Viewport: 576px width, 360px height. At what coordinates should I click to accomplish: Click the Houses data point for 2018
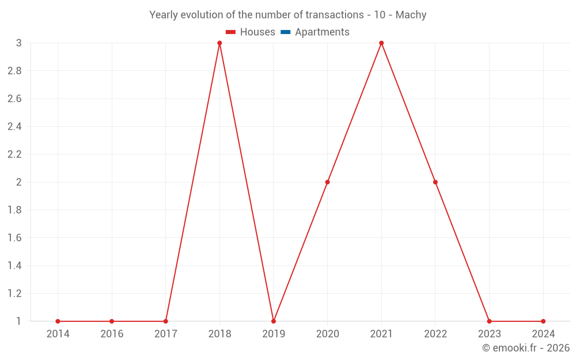coord(219,43)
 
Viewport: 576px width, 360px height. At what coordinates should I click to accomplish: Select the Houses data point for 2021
coord(381,43)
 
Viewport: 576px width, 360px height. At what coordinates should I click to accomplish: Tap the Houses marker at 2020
coord(327,182)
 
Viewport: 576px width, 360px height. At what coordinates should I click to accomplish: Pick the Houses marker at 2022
coord(435,182)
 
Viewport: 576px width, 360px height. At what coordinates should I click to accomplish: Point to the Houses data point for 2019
coord(274,321)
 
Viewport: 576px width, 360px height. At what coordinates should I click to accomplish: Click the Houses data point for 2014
coord(58,321)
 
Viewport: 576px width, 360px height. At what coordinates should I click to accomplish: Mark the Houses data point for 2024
coord(543,321)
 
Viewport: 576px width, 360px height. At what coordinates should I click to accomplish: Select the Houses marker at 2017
coord(165,321)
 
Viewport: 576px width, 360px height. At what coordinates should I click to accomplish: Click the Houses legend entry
coord(251,32)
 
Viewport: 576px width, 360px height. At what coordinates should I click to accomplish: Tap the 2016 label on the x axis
coord(112,334)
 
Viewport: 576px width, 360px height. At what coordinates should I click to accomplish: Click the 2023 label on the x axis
coord(489,334)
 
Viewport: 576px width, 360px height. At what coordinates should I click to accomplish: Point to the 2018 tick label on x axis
coord(219,334)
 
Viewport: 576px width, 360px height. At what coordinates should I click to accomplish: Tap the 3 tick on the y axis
coord(18,43)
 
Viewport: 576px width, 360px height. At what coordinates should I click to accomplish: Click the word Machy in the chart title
coord(411,15)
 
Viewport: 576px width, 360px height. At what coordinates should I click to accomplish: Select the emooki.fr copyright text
coord(526,348)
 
